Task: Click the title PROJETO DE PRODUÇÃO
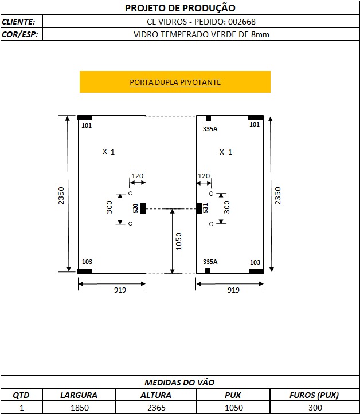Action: click(x=180, y=8)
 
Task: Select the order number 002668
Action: click(x=242, y=22)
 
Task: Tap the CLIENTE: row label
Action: click(x=18, y=22)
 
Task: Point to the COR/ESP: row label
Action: click(x=20, y=34)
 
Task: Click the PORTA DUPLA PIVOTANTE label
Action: click(x=175, y=82)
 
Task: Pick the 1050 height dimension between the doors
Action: click(x=179, y=241)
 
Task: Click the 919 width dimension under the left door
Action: click(x=120, y=290)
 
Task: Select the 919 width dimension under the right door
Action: click(x=233, y=290)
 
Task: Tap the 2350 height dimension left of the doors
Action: click(x=61, y=196)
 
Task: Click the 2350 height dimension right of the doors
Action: click(x=277, y=196)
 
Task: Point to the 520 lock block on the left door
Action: click(x=143, y=208)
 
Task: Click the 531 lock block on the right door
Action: click(x=199, y=208)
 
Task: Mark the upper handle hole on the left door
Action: click(x=130, y=194)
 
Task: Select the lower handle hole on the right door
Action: click(x=211, y=224)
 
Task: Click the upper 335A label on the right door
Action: click(x=210, y=129)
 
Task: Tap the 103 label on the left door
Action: click(x=87, y=262)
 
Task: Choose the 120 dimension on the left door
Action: click(x=137, y=176)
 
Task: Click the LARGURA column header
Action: click(x=79, y=395)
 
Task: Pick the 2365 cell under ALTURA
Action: click(x=156, y=408)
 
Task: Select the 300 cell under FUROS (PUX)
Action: click(x=315, y=408)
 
